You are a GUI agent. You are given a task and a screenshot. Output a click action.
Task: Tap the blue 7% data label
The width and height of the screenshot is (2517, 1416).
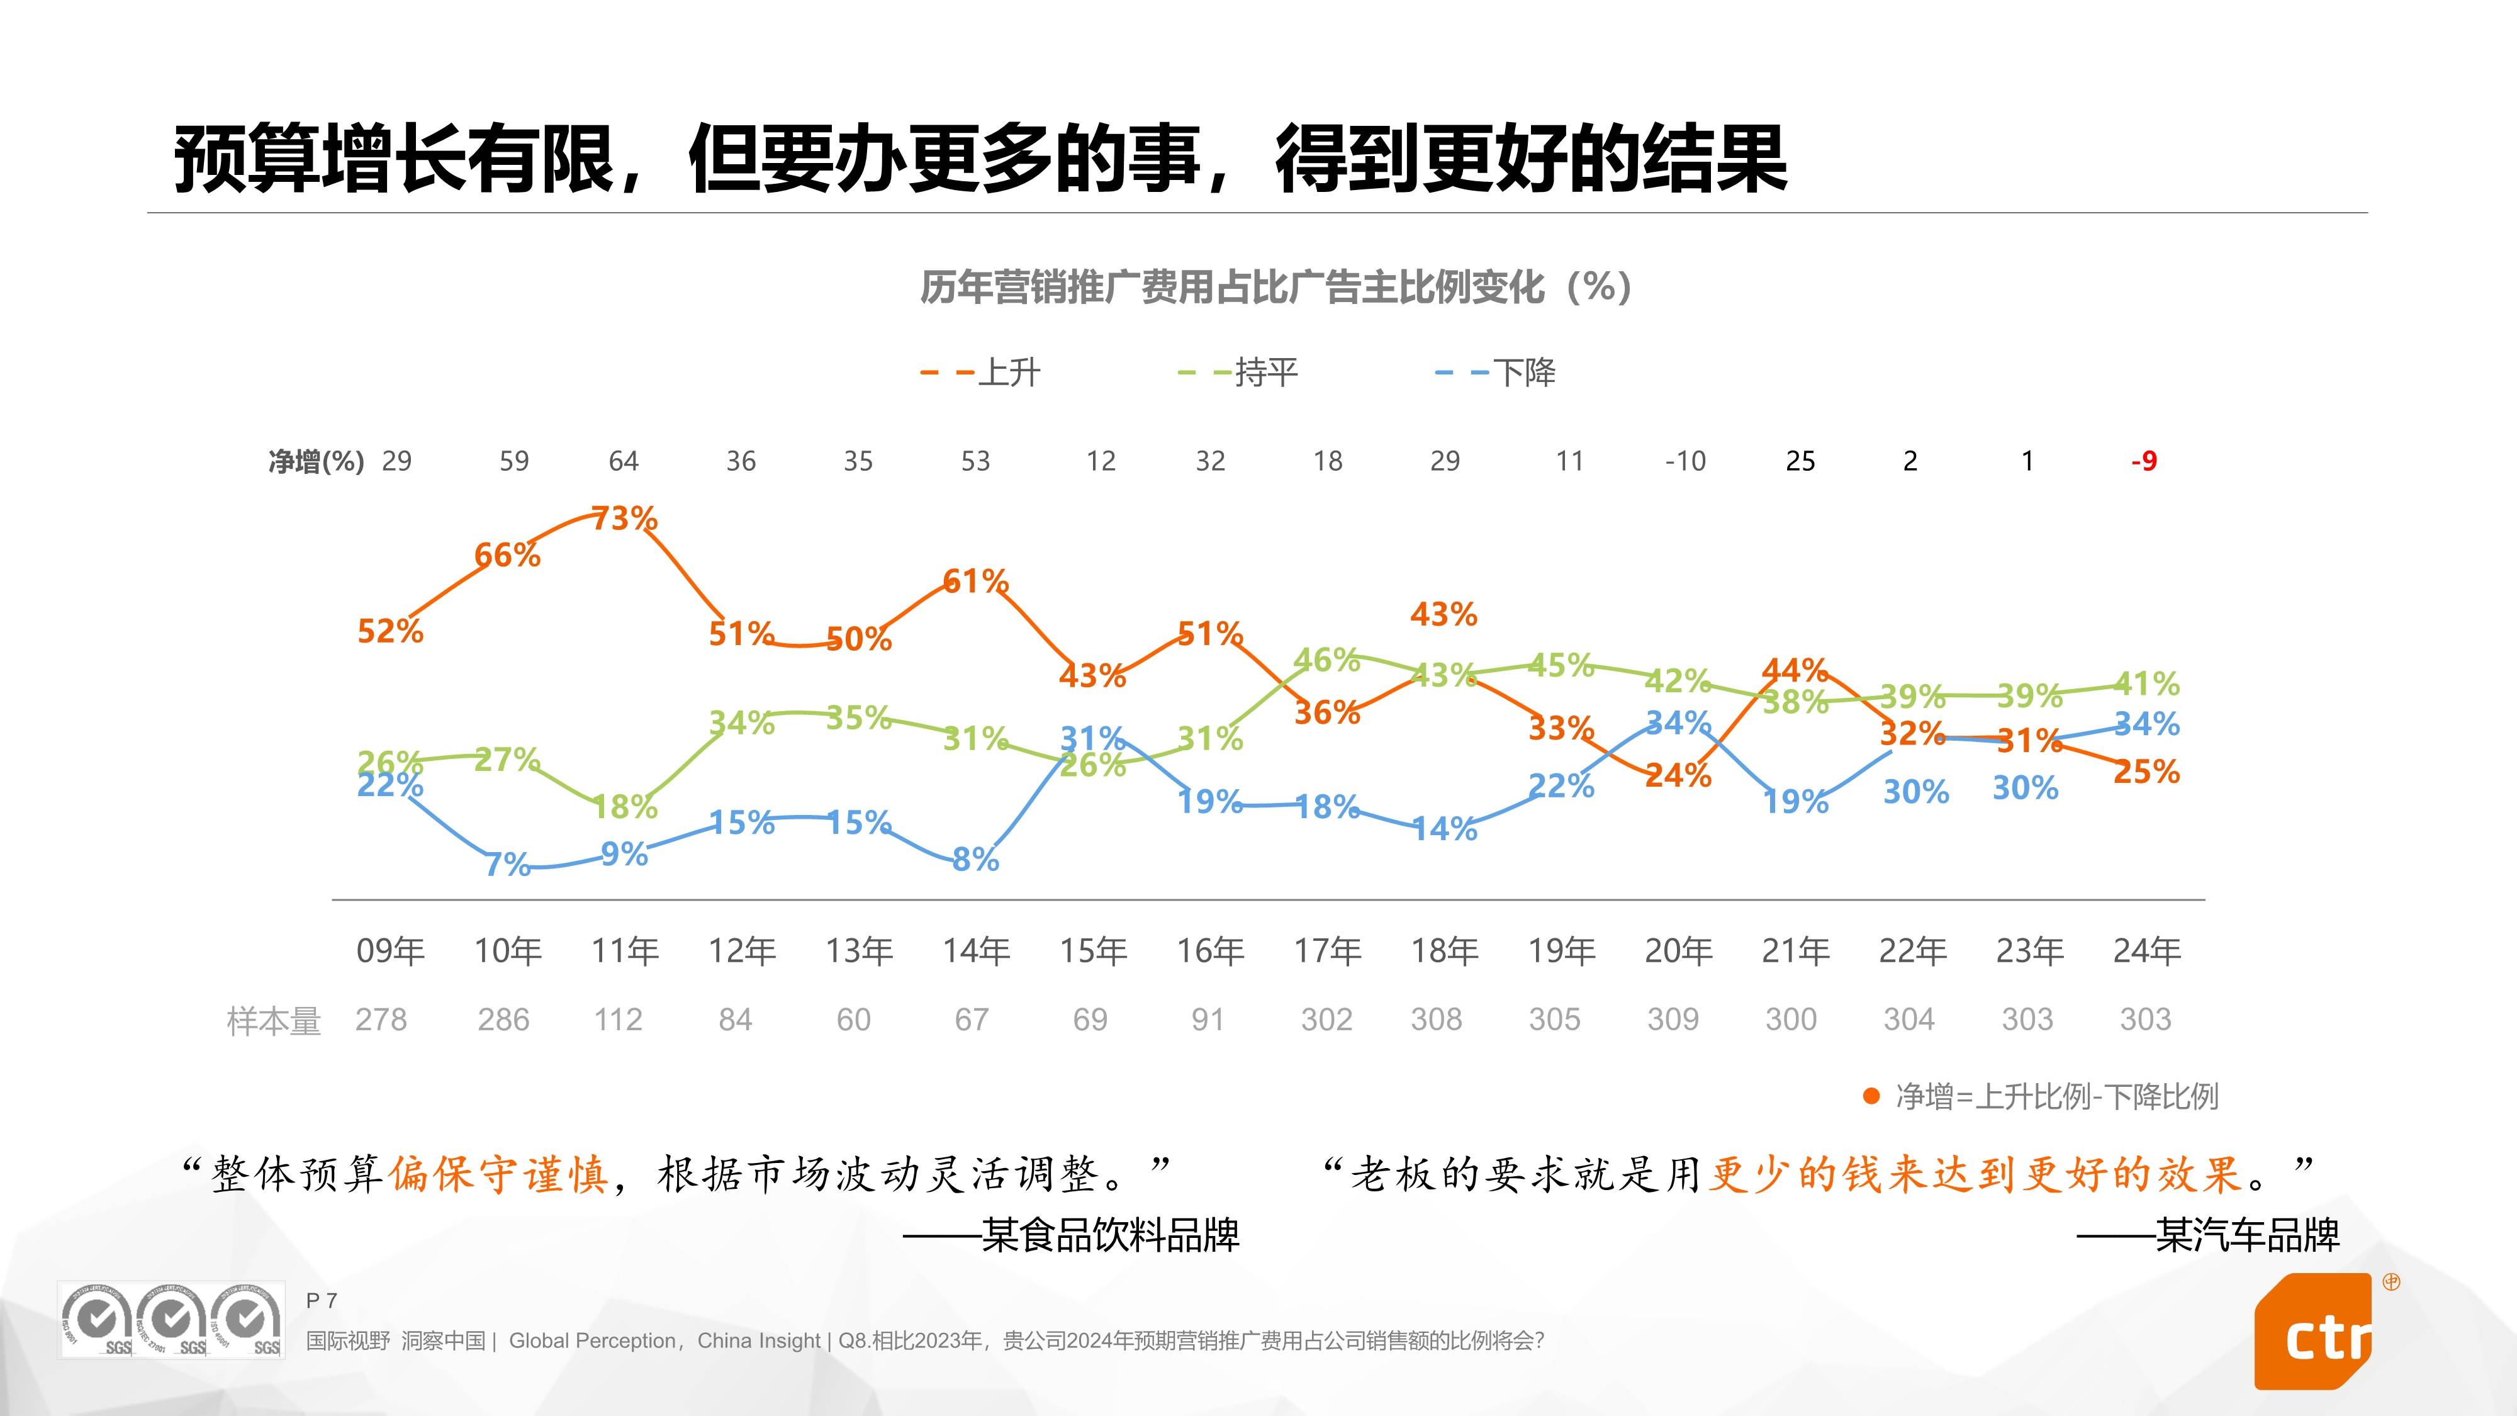[x=507, y=864]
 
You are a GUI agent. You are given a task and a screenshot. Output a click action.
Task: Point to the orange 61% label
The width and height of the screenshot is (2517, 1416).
[x=975, y=582]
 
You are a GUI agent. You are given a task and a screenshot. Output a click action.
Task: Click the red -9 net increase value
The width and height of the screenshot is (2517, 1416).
[x=2144, y=461]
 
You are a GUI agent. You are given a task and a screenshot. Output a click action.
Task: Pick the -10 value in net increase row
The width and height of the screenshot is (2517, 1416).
[x=1686, y=461]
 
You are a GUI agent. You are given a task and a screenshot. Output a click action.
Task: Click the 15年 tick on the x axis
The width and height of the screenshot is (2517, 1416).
[x=1094, y=950]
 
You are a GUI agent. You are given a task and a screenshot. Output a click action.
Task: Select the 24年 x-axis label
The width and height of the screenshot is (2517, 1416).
[x=2146, y=950]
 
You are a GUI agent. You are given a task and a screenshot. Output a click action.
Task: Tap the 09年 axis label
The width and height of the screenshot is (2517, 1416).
[x=390, y=950]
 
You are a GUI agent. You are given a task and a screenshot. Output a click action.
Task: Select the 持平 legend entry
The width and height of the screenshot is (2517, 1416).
[x=1265, y=373]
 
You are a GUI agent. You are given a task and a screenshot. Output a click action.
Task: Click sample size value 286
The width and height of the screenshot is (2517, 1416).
[x=503, y=1020]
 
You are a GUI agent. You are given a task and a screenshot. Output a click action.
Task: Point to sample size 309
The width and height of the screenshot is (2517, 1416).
[x=1673, y=1020]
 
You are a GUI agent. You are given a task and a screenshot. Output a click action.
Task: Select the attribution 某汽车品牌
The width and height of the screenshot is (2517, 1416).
[x=2246, y=1235]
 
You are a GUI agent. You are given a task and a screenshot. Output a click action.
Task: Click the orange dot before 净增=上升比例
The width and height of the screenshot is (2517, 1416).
[x=1871, y=1096]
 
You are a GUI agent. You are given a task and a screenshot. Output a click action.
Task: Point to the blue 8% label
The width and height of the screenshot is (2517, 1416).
[x=975, y=860]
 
